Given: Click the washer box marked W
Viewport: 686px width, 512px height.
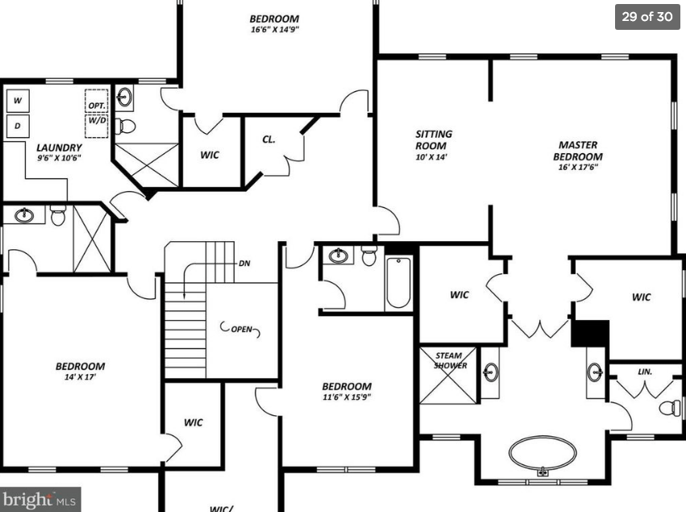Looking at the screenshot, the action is [18, 101].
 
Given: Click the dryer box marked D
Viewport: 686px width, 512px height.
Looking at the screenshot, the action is [18, 126].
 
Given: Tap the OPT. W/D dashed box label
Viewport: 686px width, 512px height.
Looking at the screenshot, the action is [97, 113].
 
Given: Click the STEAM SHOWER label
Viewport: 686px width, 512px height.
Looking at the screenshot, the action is [450, 360].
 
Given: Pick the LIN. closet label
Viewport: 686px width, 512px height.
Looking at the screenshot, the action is [645, 372].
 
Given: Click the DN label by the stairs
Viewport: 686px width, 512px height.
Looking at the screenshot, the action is [244, 264].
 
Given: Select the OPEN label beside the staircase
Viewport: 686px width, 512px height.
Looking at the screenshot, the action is [242, 329].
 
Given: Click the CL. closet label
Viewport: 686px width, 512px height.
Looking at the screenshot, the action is [268, 139].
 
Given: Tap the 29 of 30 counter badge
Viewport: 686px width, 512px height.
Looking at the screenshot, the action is [647, 17].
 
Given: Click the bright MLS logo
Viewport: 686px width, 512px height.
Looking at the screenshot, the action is [39, 499].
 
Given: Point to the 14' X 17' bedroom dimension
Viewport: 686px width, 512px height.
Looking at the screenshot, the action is [80, 377].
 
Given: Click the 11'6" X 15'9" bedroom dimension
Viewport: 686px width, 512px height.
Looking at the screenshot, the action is [347, 397].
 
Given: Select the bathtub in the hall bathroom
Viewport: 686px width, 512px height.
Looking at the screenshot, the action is [398, 283].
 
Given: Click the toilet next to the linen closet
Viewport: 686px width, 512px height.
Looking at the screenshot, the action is [670, 408].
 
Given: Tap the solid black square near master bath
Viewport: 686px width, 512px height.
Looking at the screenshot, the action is [590, 334].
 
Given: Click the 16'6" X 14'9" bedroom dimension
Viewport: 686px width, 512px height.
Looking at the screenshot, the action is [275, 30].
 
